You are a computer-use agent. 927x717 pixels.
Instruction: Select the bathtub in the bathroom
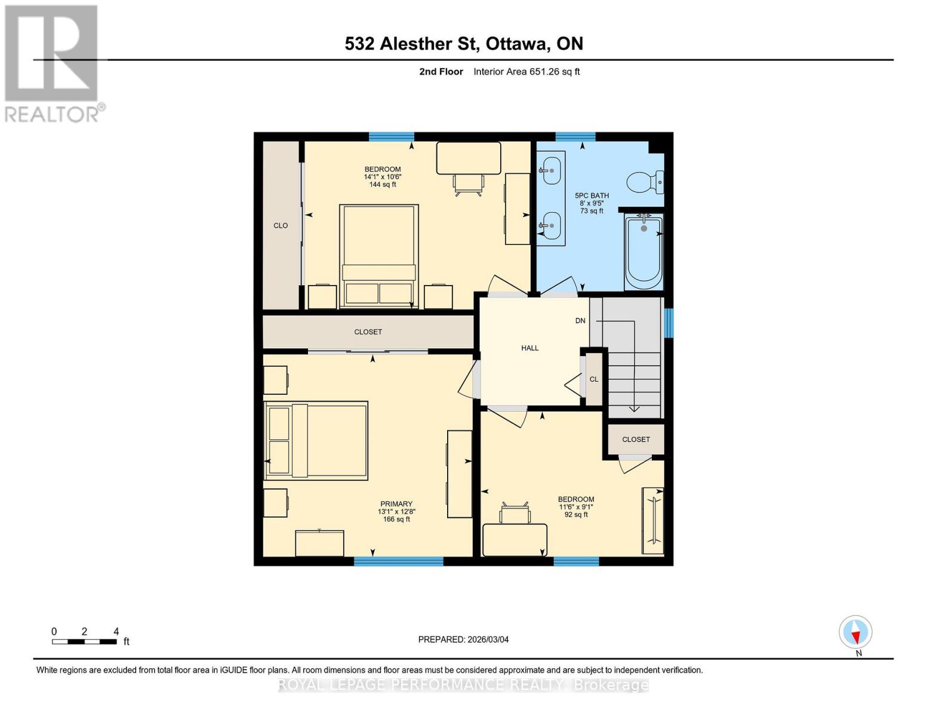(643, 252)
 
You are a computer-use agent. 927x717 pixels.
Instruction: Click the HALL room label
(529, 348)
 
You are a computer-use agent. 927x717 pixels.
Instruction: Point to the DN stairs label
(580, 321)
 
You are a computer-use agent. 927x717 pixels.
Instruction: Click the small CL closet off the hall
(594, 379)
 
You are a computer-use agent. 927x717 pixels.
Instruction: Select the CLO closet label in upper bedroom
(281, 226)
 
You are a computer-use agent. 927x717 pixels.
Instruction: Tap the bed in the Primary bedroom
(316, 440)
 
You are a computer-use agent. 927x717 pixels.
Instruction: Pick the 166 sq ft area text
(396, 519)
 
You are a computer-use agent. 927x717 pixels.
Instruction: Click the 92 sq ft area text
(576, 514)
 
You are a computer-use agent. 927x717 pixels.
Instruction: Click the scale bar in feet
(84, 642)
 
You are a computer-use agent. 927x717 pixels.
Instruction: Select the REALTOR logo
(52, 63)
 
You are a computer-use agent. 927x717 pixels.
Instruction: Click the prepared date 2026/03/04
(463, 639)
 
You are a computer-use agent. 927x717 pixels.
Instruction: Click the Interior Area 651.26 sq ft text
(526, 72)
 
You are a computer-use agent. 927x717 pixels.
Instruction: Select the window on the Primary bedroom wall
(398, 561)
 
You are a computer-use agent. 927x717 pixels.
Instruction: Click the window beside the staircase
(669, 323)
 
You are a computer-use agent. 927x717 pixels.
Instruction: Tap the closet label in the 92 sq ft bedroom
(636, 439)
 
